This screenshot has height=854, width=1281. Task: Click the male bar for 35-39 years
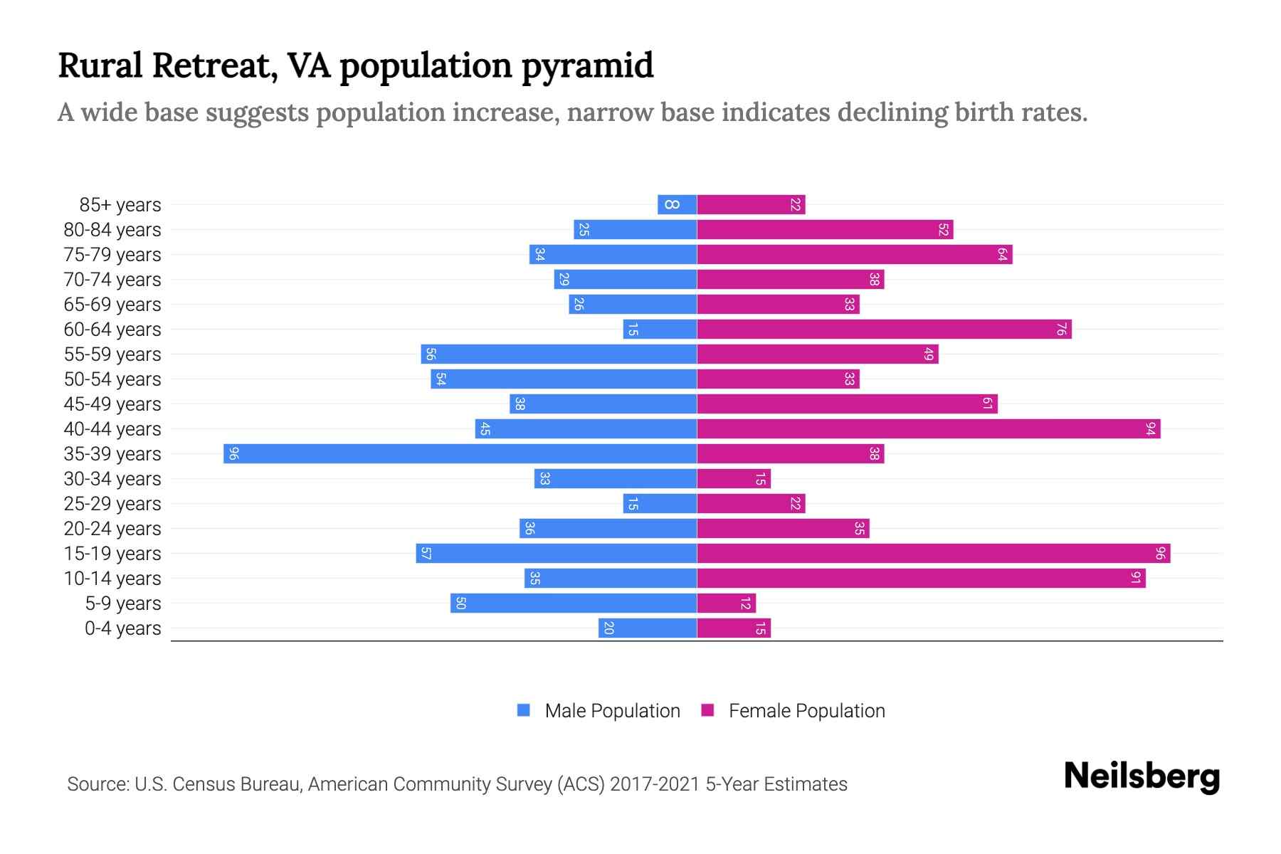(x=460, y=454)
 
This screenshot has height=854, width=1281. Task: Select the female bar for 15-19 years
(x=933, y=554)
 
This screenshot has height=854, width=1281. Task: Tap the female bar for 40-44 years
(x=928, y=429)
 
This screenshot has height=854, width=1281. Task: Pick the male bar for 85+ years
(x=677, y=205)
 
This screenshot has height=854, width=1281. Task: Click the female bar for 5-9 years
(x=726, y=603)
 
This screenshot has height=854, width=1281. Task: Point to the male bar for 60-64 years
(x=660, y=330)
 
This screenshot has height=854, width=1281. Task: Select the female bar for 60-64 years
(x=884, y=330)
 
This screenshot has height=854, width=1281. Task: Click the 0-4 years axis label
(x=122, y=628)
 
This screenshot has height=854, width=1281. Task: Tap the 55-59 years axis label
(x=112, y=354)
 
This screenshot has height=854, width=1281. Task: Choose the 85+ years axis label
(x=120, y=205)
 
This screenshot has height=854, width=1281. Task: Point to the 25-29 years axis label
(x=112, y=504)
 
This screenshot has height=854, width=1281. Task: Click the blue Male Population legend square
(x=524, y=710)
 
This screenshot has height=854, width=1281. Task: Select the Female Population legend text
(x=806, y=710)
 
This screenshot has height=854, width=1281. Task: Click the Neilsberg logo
(x=1142, y=776)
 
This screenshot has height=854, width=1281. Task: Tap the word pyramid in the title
(x=587, y=65)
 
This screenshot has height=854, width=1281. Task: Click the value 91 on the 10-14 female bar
(x=1136, y=579)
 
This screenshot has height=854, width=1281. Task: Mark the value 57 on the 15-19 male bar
(x=426, y=554)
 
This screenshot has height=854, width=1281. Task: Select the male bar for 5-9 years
(x=573, y=603)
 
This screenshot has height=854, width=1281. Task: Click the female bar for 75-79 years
(x=854, y=255)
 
